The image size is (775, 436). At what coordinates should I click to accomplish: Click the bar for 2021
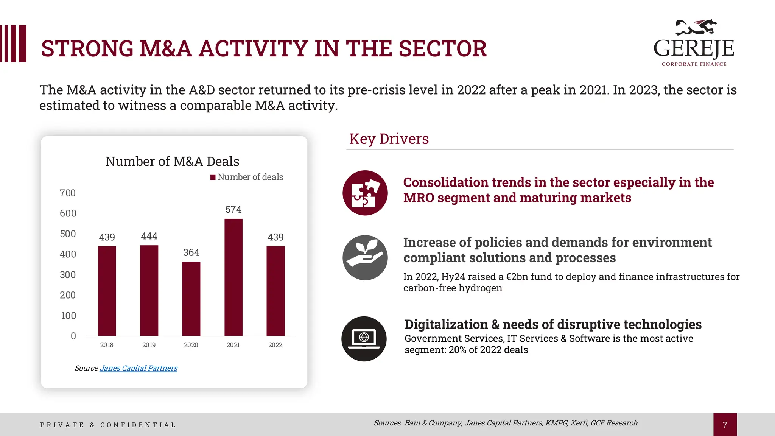pyautogui.click(x=233, y=277)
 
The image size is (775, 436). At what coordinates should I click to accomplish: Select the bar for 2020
pyautogui.click(x=191, y=299)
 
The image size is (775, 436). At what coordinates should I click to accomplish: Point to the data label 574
pyautogui.click(x=233, y=209)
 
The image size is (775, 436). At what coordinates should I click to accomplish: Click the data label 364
pyautogui.click(x=191, y=252)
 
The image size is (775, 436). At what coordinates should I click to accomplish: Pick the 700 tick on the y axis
pyautogui.click(x=68, y=193)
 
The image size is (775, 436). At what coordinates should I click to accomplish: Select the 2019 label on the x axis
pyautogui.click(x=149, y=345)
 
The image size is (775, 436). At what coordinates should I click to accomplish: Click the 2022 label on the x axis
pyautogui.click(x=275, y=345)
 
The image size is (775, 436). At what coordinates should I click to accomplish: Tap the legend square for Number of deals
pyautogui.click(x=213, y=177)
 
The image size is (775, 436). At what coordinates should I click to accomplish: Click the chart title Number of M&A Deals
pyautogui.click(x=172, y=161)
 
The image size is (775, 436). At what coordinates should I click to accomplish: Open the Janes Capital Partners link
pyautogui.click(x=139, y=368)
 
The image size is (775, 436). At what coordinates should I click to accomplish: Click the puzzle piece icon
pyautogui.click(x=365, y=193)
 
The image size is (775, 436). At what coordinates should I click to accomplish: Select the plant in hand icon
pyautogui.click(x=365, y=257)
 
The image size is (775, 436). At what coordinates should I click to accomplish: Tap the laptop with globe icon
pyautogui.click(x=364, y=339)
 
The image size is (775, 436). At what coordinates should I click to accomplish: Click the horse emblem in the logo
pyautogui.click(x=696, y=27)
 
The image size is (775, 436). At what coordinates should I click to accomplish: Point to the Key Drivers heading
pyautogui.click(x=389, y=139)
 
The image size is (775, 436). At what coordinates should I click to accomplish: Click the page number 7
pyautogui.click(x=725, y=425)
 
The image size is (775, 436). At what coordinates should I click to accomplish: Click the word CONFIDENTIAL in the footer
pyautogui.click(x=138, y=425)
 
